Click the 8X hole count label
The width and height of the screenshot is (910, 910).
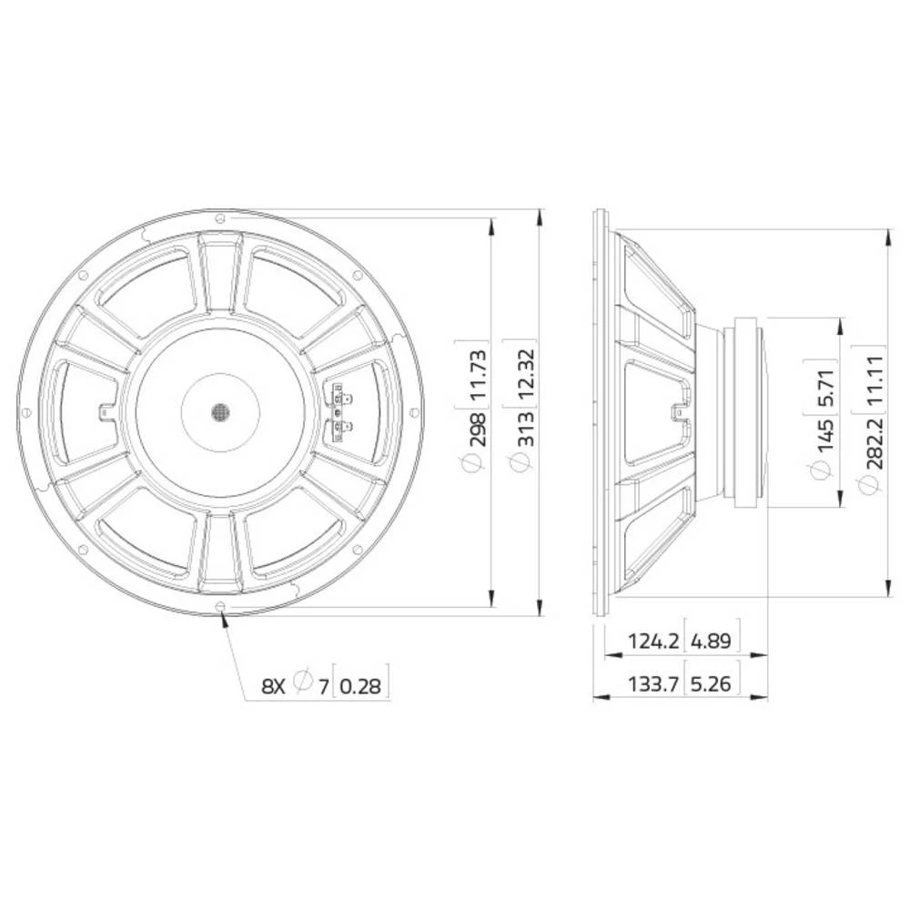[x=274, y=685]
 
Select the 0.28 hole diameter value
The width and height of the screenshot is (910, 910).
[x=363, y=685]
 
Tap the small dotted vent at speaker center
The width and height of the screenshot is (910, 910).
[x=219, y=412]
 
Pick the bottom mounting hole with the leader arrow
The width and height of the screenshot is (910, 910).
[x=220, y=607]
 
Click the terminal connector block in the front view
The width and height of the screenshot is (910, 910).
[x=339, y=412]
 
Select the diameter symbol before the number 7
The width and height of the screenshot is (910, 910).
[x=306, y=683]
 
